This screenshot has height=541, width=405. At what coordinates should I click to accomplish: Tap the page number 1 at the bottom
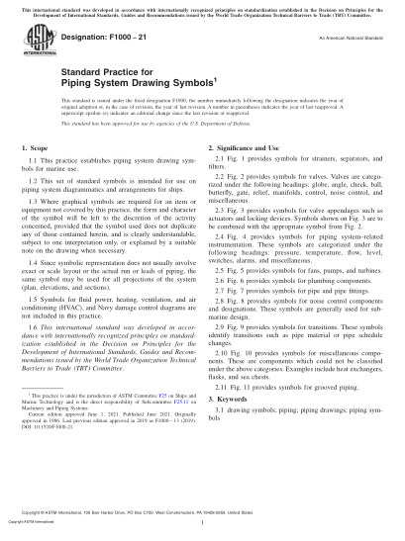[x=202, y=523]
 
